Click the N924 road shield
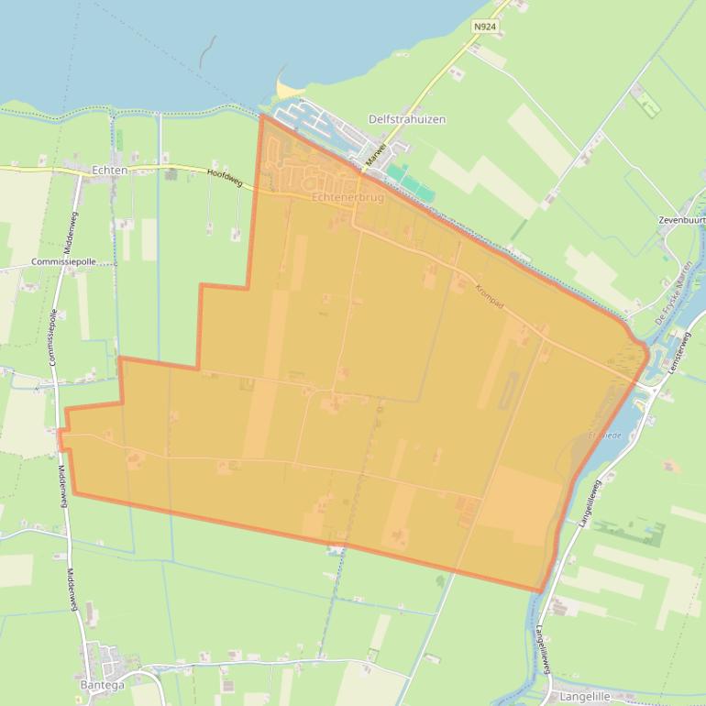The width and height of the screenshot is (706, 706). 484,28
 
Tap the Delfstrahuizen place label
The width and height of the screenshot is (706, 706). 406,119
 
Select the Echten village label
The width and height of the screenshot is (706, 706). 109,171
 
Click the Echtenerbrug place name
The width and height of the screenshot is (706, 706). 347,197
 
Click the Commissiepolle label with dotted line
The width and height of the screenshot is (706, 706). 62,262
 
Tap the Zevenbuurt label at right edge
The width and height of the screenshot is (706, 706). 681,221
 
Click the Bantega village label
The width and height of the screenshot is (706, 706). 102,685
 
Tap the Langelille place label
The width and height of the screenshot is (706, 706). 584,697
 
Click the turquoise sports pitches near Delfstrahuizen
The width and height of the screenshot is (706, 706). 408,181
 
